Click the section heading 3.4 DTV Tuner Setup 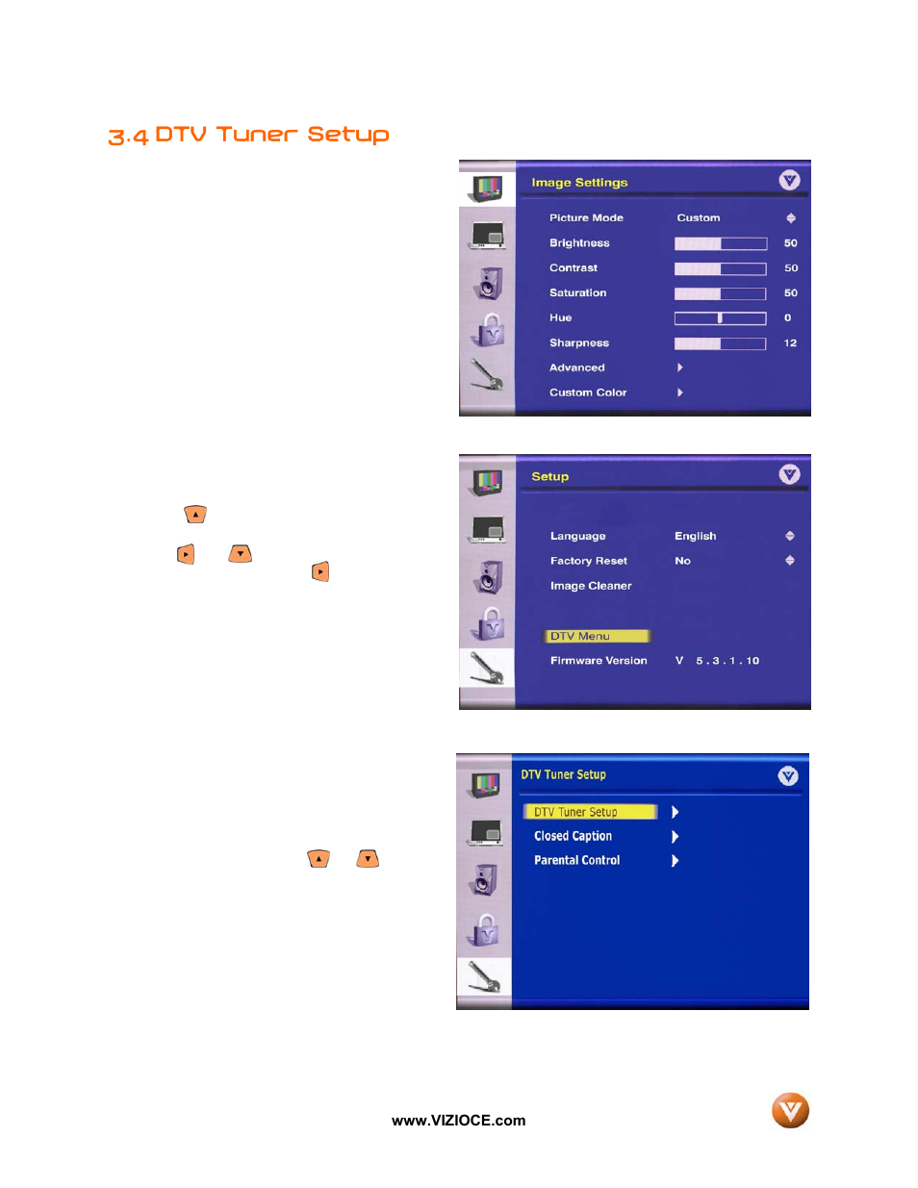click(248, 135)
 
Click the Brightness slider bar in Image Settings click(720, 243)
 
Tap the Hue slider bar click(720, 318)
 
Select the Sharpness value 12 click(790, 343)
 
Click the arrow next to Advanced click(679, 367)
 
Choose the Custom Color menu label click(587, 392)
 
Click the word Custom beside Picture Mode click(698, 218)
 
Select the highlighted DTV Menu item click(597, 636)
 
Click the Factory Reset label click(588, 561)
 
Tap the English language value click(695, 536)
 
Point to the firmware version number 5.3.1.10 click(727, 661)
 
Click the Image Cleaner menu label click(591, 586)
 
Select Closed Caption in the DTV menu click(573, 836)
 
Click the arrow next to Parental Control click(675, 861)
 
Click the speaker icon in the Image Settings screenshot click(489, 283)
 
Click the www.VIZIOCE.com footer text click(458, 1121)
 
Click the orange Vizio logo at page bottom click(790, 1110)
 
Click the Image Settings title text click(579, 183)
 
